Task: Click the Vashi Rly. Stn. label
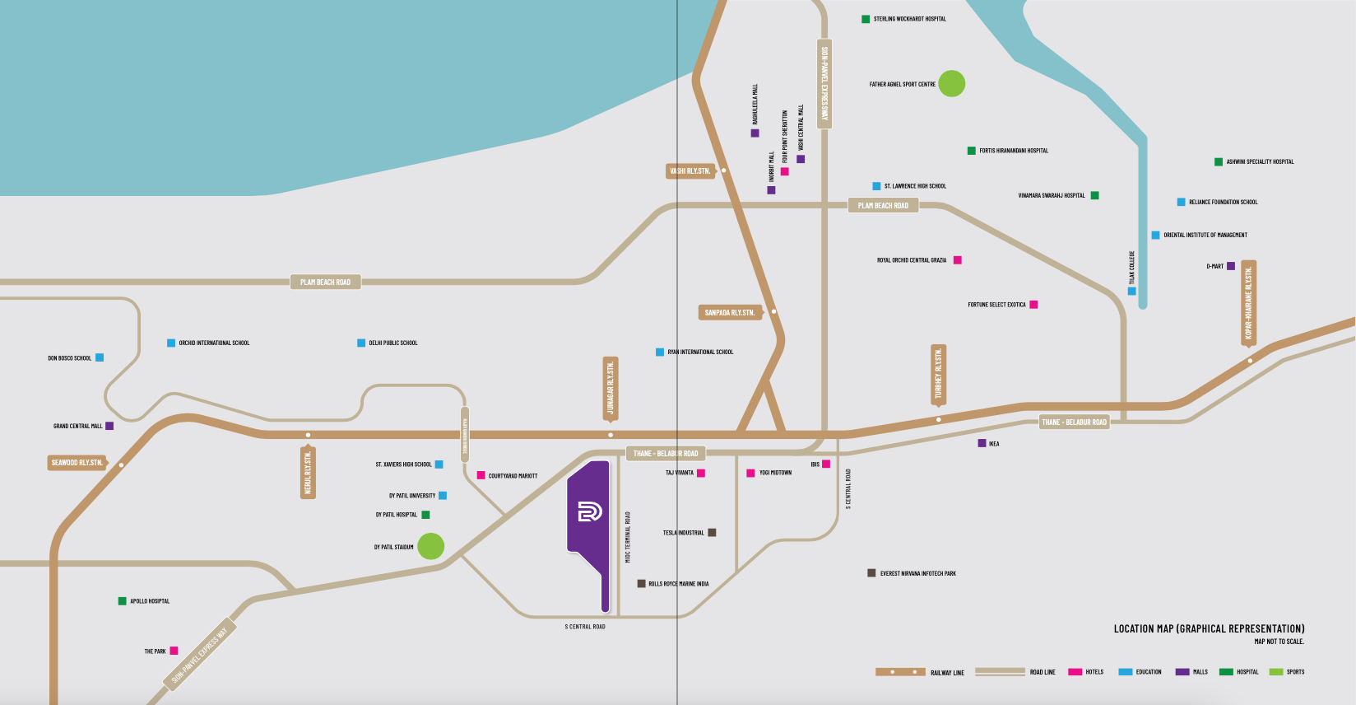point(690,171)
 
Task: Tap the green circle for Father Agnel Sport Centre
point(951,83)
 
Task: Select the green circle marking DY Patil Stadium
point(430,546)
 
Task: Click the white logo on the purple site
point(589,511)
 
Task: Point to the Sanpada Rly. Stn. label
point(729,313)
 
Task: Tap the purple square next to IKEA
point(982,443)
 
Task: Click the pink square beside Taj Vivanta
point(701,473)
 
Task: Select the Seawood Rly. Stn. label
point(77,463)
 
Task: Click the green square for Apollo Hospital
point(123,601)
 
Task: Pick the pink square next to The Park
point(174,651)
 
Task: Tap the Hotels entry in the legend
point(1086,672)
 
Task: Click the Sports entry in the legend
point(1287,672)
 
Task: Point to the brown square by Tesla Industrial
point(712,533)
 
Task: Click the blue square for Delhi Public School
point(361,343)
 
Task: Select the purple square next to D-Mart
point(1231,266)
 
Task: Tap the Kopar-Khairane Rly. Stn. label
point(1248,303)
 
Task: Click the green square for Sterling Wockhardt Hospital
point(866,19)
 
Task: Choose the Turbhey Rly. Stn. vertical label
point(938,375)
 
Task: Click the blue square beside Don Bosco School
point(100,357)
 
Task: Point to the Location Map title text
point(1209,629)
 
